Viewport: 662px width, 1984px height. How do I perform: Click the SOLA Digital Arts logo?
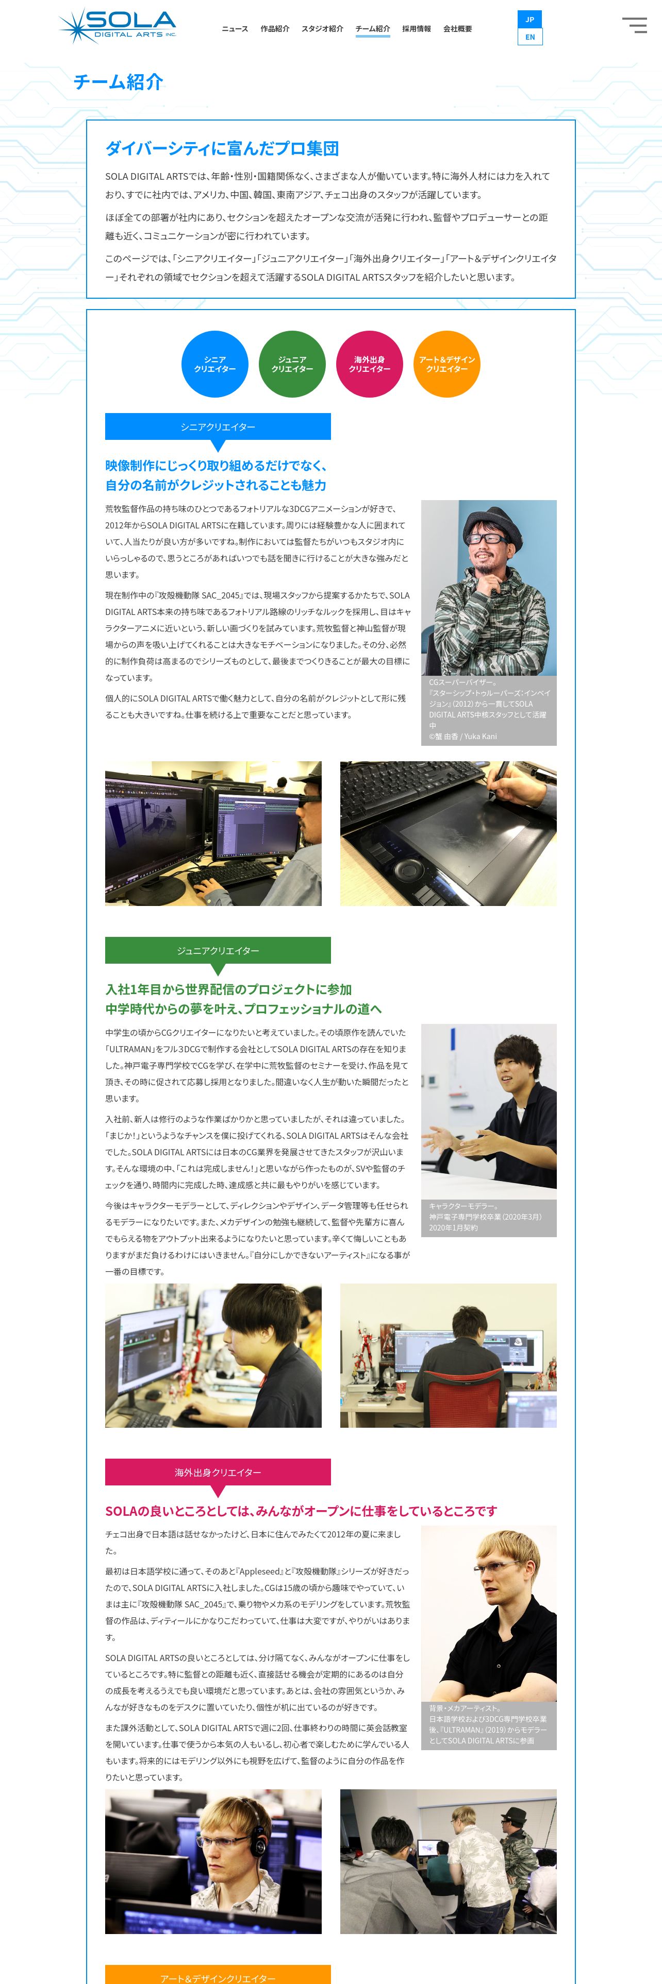pos(117,25)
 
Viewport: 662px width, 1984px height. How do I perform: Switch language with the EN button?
pos(530,37)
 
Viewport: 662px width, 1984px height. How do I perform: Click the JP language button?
pos(530,19)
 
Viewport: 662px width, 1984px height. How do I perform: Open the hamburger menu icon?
pos(634,25)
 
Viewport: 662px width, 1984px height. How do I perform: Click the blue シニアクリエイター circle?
pos(215,364)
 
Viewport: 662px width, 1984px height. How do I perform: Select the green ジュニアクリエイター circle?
pos(292,364)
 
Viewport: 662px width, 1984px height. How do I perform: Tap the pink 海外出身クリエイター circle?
pos(370,364)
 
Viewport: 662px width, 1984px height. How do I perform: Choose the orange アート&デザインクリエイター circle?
pos(447,364)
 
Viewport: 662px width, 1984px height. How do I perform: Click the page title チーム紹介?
pos(119,82)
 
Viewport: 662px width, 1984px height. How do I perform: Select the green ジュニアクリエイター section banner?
pos(218,950)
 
